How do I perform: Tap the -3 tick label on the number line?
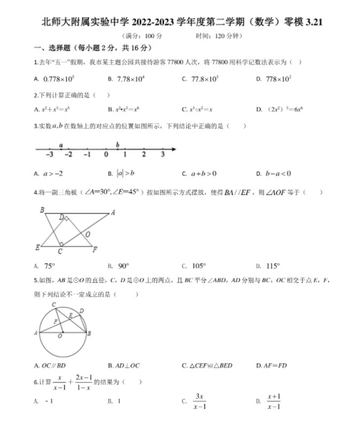click(x=49, y=155)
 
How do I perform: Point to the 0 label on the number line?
click(x=106, y=155)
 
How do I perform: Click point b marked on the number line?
click(x=118, y=144)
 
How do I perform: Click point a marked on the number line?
click(x=61, y=145)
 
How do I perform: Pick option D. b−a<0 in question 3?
click(x=278, y=173)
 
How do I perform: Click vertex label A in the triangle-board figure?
click(x=113, y=212)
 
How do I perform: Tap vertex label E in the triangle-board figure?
click(x=37, y=248)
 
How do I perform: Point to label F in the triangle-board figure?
click(x=95, y=249)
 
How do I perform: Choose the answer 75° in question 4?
click(x=49, y=265)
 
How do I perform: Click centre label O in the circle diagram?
click(x=60, y=337)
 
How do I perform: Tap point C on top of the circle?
click(x=53, y=304)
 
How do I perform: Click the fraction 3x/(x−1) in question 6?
click(x=201, y=401)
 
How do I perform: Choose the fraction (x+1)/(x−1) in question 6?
click(x=274, y=401)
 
